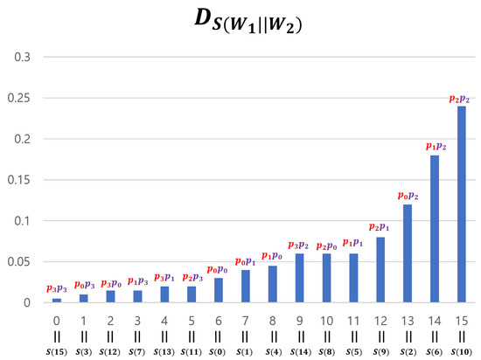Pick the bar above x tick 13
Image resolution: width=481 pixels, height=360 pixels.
click(408, 253)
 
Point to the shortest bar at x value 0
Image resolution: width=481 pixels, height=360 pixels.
click(57, 301)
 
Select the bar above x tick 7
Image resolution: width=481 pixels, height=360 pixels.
click(246, 287)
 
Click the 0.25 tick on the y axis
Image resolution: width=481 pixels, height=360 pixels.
click(20, 98)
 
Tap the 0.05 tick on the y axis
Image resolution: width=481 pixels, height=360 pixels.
click(20, 262)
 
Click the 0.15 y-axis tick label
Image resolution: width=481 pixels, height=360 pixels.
click(20, 180)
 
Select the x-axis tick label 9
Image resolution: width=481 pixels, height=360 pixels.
click(300, 321)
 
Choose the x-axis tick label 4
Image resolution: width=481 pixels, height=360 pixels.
click(164, 321)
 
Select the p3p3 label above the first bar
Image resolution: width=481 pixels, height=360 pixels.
click(57, 288)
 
